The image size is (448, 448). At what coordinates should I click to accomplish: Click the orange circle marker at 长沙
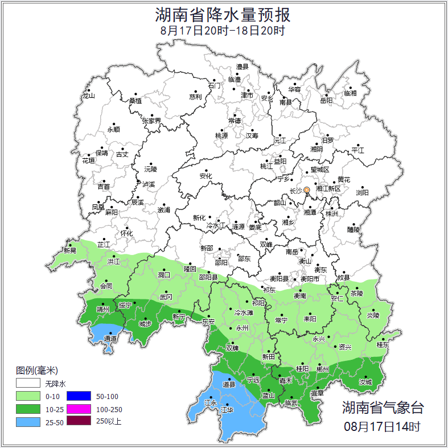(307, 190)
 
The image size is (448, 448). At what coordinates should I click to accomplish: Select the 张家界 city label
(151, 121)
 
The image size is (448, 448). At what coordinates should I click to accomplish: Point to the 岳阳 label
(326, 101)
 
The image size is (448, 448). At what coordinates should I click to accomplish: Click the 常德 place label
(234, 121)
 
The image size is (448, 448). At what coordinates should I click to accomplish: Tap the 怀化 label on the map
(126, 233)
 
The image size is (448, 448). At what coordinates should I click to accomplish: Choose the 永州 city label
(242, 328)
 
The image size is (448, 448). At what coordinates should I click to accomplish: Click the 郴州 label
(322, 369)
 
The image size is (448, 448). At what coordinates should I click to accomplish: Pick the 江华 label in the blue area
(227, 410)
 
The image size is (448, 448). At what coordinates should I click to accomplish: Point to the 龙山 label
(88, 96)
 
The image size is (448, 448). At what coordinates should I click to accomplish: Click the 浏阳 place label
(362, 193)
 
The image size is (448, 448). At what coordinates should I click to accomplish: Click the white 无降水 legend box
(28, 384)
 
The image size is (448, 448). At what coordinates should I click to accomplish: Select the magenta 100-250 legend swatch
(79, 409)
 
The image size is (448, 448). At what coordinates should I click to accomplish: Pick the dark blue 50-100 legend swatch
(79, 396)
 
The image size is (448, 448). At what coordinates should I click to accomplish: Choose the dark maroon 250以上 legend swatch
(79, 421)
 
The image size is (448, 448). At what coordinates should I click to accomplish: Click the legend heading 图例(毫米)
(37, 371)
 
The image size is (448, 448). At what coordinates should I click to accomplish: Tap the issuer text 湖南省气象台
(383, 408)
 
